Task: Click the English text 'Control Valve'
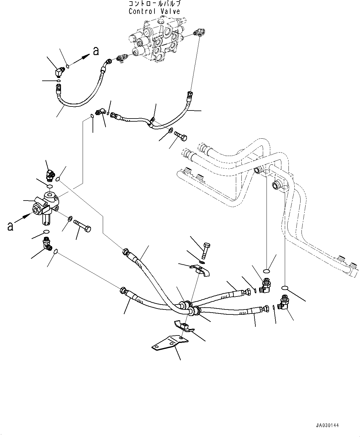coord(154,11)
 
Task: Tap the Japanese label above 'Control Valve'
coord(154,4)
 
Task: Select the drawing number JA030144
coord(327,426)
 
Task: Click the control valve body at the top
coord(155,40)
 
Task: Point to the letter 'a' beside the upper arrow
coord(96,51)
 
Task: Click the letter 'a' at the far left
coord(10,226)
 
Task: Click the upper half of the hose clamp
coord(195,269)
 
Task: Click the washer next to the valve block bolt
coord(70,219)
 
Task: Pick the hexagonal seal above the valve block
coord(49,186)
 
